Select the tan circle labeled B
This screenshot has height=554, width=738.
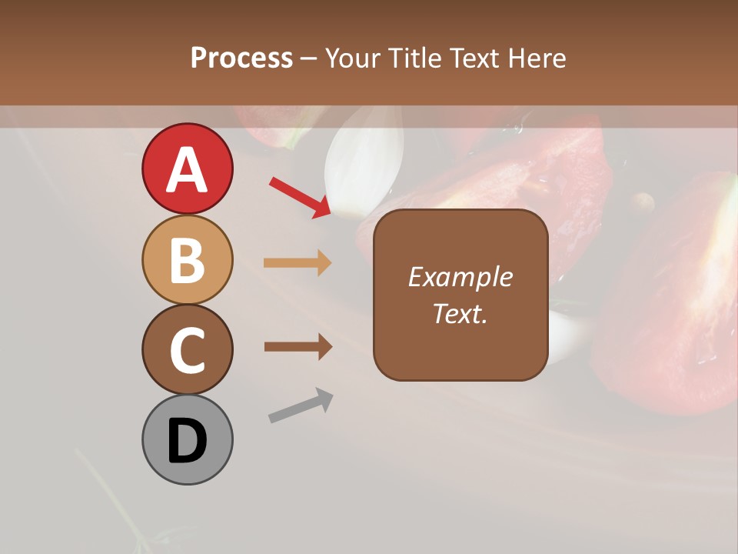187,259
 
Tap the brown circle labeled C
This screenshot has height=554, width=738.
187,349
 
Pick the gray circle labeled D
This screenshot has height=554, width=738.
187,439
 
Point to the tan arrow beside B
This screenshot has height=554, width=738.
298,262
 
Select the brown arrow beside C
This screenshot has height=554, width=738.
298,347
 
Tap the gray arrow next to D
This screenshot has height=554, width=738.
301,406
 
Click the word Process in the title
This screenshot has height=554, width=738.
241,58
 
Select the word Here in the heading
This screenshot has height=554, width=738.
537,58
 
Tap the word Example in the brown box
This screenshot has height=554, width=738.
460,277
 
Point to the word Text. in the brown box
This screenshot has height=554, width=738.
460,313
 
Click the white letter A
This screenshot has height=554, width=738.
187,169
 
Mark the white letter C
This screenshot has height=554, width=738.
187,351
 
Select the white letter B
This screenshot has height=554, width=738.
187,261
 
